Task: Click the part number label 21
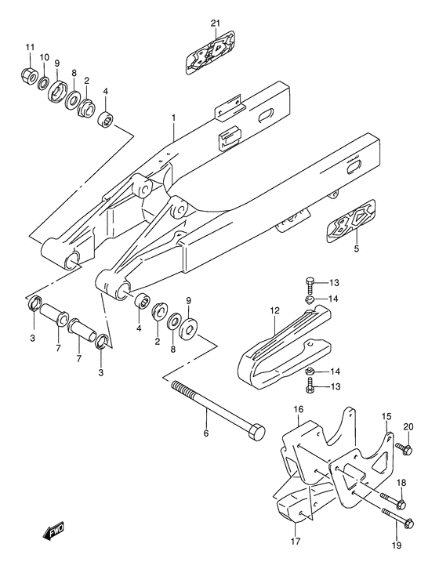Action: [216, 22]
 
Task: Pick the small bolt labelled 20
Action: [405, 448]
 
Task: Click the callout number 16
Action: [299, 408]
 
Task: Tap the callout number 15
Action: [386, 415]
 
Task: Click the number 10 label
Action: [45, 57]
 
